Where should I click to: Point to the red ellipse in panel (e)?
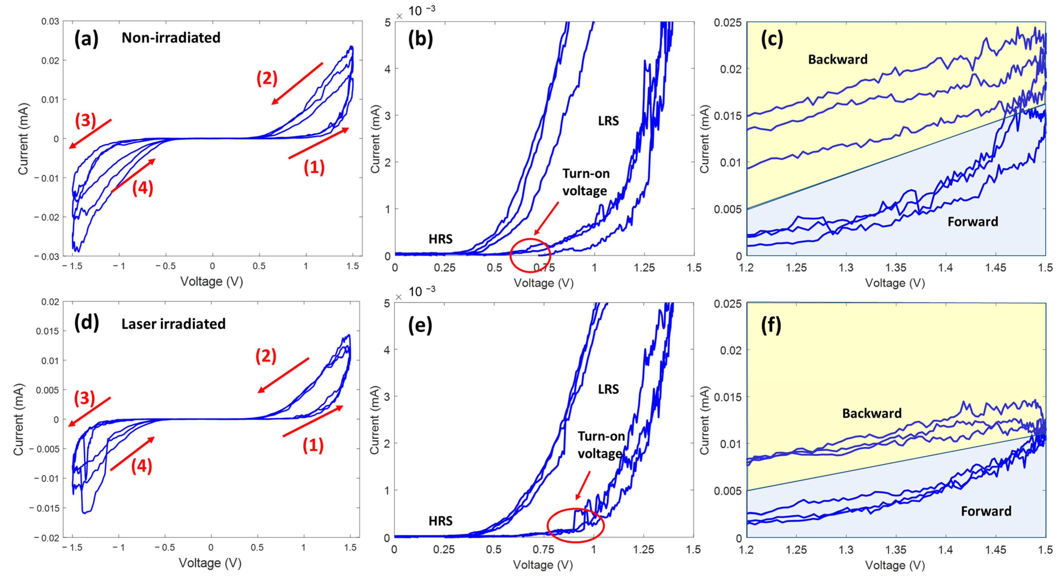(575, 525)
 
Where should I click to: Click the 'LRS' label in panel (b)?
(608, 121)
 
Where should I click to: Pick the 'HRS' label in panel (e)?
(440, 521)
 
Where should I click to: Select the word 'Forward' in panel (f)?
(986, 511)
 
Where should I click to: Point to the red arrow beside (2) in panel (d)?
(283, 375)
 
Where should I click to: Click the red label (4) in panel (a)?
(142, 188)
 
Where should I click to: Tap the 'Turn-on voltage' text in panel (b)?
(586, 182)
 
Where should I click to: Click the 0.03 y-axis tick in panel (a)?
(50, 21)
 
